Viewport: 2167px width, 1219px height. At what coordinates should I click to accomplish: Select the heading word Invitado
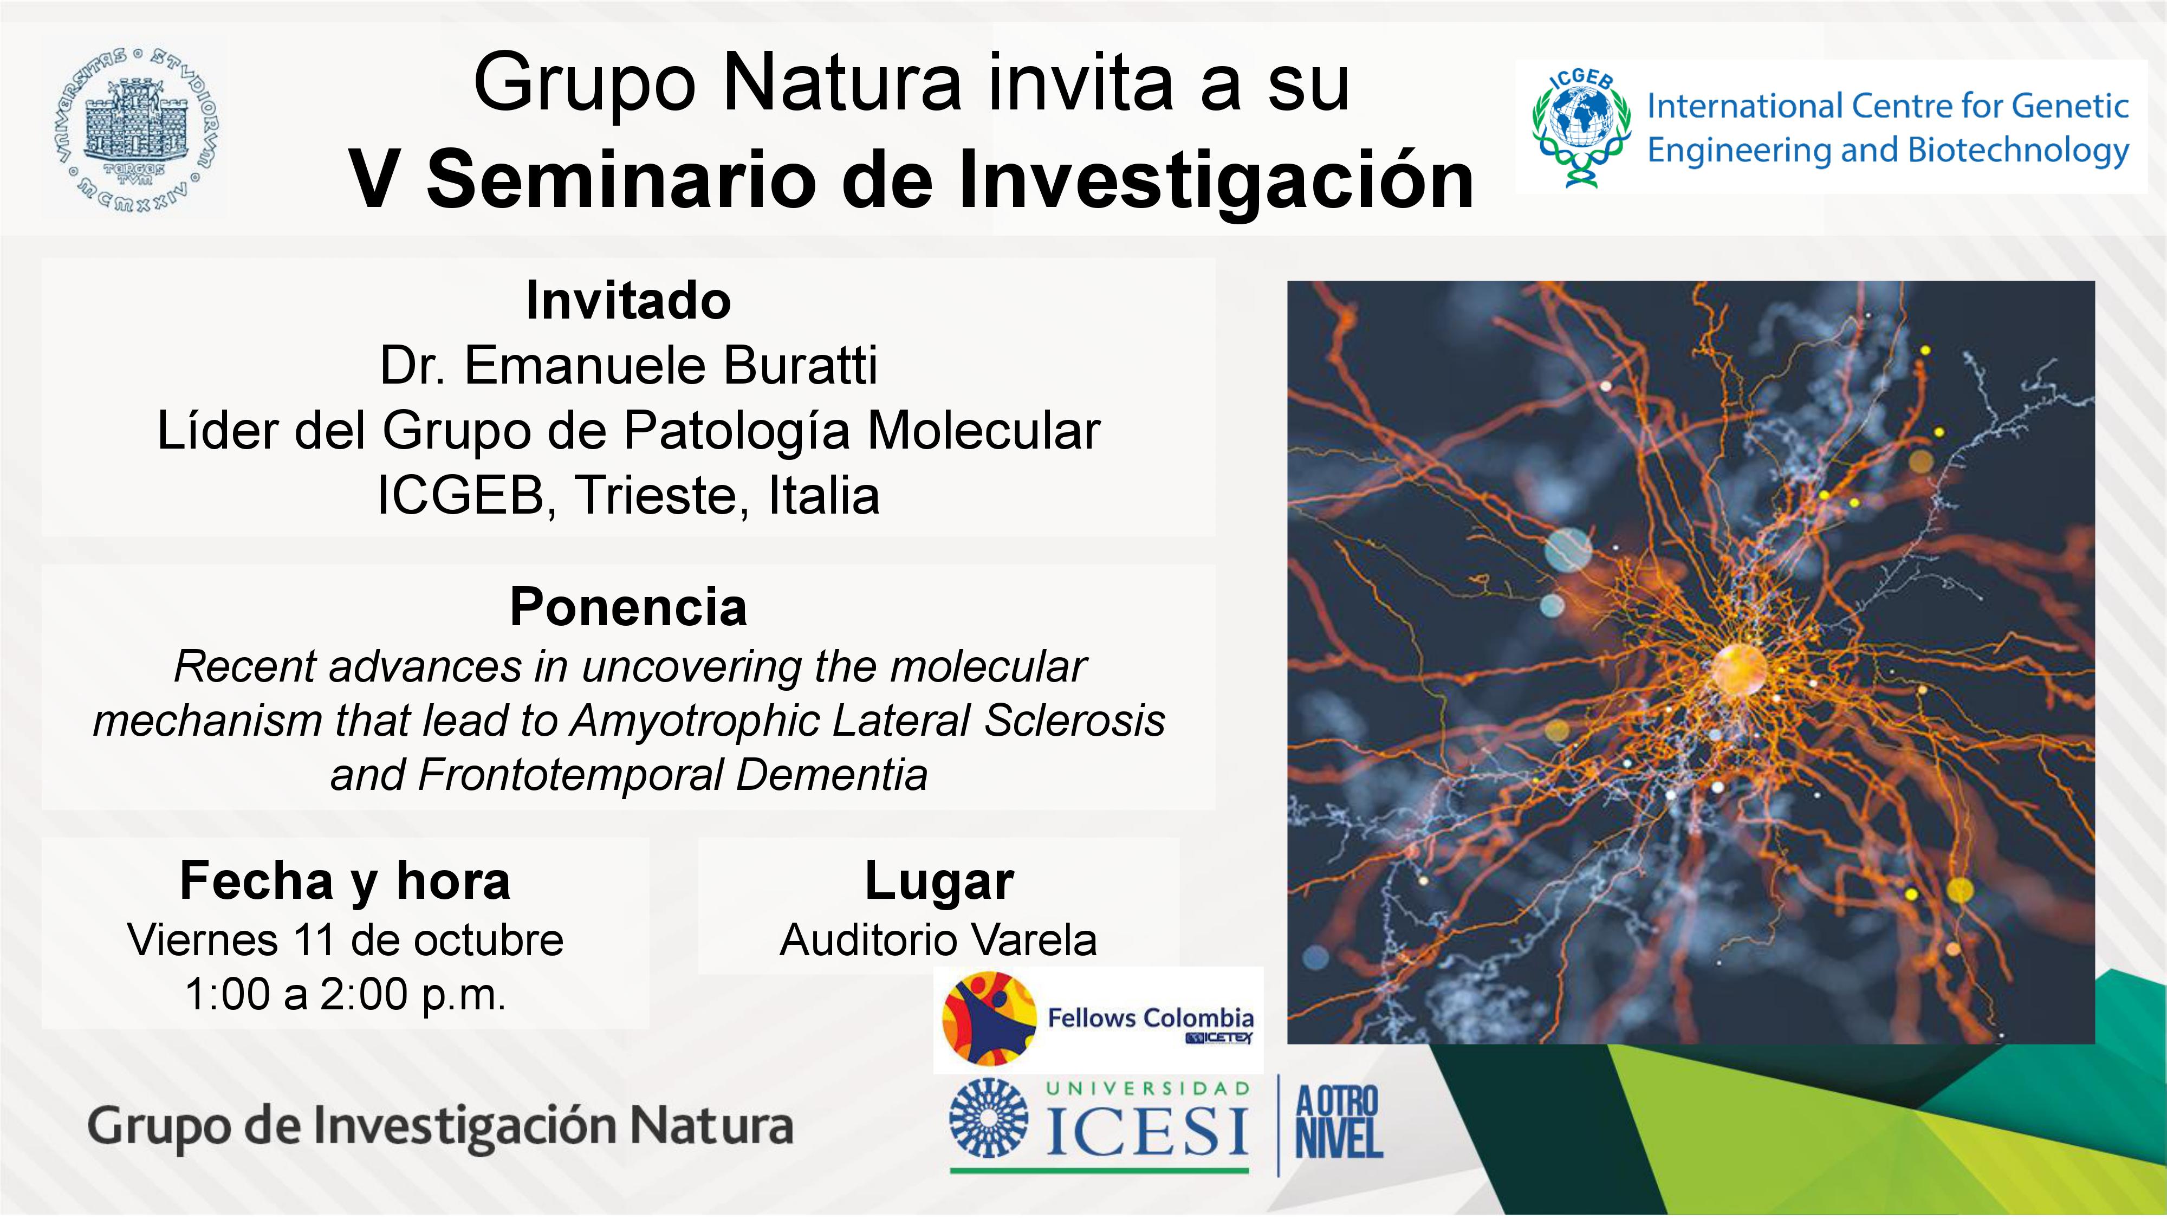(x=628, y=300)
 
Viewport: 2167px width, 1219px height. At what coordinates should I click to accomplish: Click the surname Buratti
(x=800, y=365)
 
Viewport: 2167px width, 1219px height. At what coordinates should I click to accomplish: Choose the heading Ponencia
(x=628, y=607)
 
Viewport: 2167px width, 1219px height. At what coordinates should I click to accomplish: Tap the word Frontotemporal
(x=570, y=775)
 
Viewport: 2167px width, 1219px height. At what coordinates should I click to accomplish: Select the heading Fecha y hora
(x=345, y=881)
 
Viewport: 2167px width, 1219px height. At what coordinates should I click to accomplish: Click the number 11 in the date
(x=315, y=939)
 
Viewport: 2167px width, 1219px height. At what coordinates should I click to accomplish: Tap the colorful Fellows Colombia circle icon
(x=989, y=1019)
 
